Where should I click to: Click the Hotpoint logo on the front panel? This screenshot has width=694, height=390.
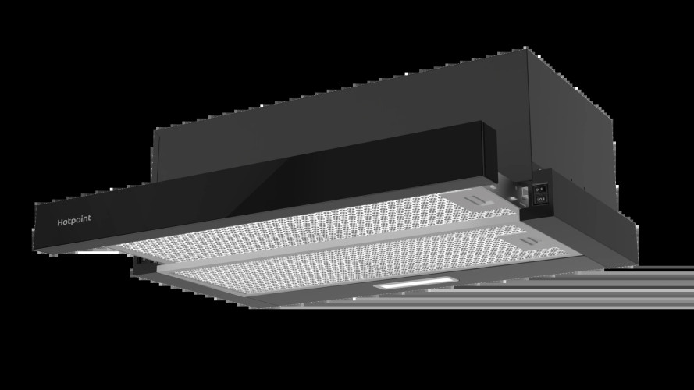74,221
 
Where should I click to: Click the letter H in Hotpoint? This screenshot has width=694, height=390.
61,221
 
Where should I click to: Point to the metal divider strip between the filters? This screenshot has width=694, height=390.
328,242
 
